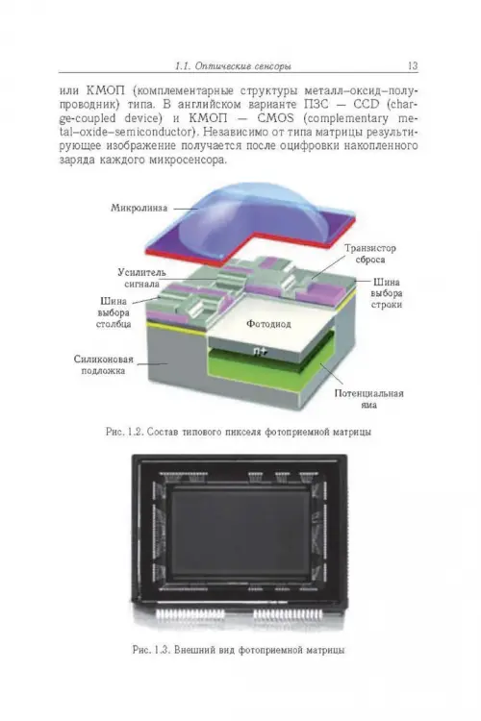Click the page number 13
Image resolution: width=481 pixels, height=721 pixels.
click(x=413, y=65)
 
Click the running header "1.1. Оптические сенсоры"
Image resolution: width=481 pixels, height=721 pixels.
click(x=233, y=66)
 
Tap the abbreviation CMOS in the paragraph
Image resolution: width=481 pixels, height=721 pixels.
click(x=275, y=118)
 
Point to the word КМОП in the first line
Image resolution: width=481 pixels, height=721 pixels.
click(x=101, y=89)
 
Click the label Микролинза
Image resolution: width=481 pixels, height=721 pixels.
click(x=139, y=208)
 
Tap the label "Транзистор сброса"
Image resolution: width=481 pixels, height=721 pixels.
click(x=370, y=254)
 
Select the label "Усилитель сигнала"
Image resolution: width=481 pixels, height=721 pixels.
click(x=141, y=278)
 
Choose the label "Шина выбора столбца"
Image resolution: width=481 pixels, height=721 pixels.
click(x=114, y=312)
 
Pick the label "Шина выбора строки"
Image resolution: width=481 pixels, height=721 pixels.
click(x=386, y=293)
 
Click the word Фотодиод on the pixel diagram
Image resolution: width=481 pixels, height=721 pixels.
click(x=268, y=324)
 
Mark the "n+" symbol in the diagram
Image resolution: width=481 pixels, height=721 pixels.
click(x=260, y=352)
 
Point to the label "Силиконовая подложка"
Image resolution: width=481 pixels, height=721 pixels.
click(x=104, y=364)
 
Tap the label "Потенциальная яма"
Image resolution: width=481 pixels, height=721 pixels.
click(x=369, y=399)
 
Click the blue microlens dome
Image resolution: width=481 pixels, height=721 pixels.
click(x=252, y=217)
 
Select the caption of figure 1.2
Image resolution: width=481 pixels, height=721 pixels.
click(x=239, y=433)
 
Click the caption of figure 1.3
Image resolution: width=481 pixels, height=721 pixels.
click(x=239, y=650)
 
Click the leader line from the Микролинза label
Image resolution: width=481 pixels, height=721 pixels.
click(x=185, y=209)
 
